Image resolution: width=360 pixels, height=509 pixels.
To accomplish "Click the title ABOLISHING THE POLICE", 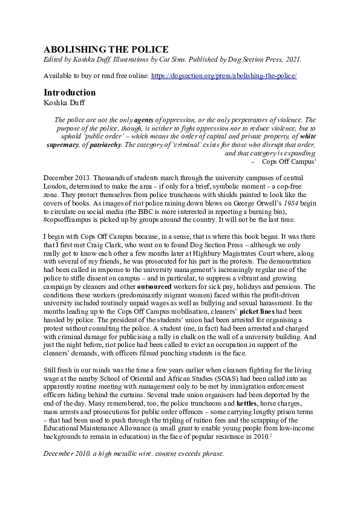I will coord(106,49).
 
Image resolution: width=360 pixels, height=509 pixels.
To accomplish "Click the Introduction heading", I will coord(70,92).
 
